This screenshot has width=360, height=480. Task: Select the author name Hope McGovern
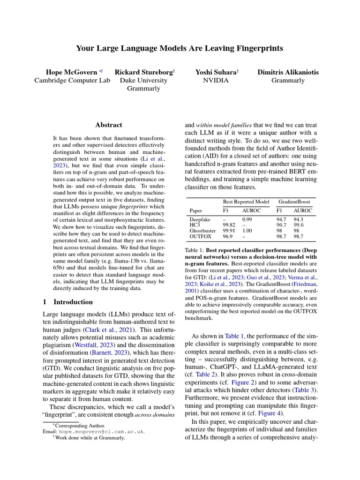[70, 72]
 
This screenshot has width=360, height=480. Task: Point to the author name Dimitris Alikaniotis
[288, 72]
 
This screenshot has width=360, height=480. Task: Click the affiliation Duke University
[144, 80]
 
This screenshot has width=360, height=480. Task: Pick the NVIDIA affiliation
[216, 80]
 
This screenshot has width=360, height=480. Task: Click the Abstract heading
[109, 125]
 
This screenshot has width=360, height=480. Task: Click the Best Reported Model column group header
[246, 201]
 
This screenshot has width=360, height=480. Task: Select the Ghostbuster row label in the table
[202, 231]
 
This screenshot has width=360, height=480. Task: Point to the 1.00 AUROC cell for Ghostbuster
[247, 231]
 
